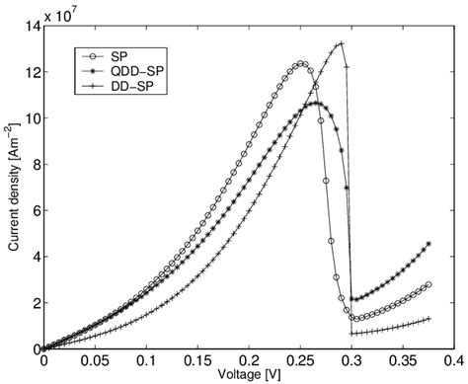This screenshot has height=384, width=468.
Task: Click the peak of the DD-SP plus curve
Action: click(x=341, y=43)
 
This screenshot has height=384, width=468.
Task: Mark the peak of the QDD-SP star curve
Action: click(x=316, y=103)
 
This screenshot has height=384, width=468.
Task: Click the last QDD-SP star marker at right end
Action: click(x=429, y=243)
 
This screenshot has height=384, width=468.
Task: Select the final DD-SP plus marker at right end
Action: click(x=429, y=319)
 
